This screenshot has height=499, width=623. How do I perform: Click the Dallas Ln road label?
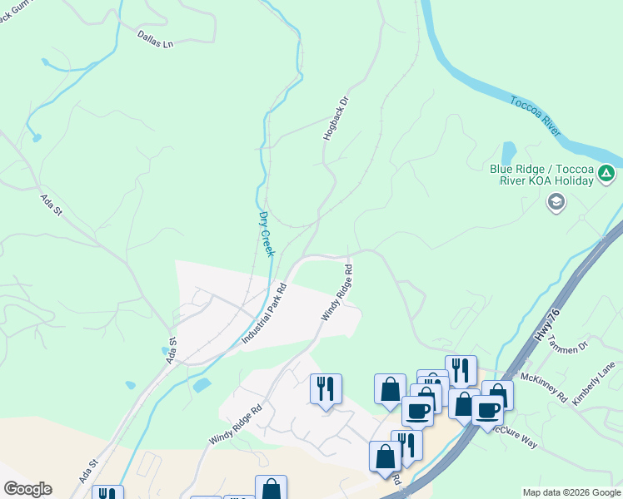pos(156,38)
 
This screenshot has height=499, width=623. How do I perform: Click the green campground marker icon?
pos(606,175)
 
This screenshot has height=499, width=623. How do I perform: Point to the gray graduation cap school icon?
pos(556,201)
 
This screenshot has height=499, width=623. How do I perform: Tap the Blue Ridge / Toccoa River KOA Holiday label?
pos(541,175)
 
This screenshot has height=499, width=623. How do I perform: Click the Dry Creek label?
pos(266,232)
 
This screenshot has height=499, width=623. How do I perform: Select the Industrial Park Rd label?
pos(264,314)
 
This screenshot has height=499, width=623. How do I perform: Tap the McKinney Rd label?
pos(545,386)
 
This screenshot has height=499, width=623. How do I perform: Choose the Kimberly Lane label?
pos(594,383)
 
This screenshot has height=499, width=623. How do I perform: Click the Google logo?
pos(27,488)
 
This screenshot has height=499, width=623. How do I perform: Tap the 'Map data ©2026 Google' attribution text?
pos(571,492)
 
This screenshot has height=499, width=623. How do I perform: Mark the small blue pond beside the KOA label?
pos(508,153)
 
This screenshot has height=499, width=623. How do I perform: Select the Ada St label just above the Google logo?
pos(89,469)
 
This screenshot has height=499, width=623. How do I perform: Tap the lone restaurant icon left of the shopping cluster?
pos(325,388)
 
